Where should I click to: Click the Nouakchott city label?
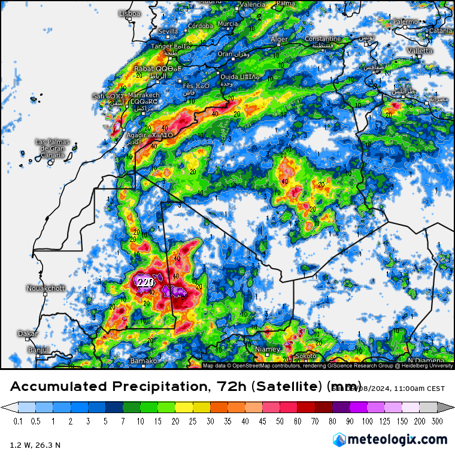pyautogui.click(x=45, y=288)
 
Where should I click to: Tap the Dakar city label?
pyautogui.click(x=28, y=333)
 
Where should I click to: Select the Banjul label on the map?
pyautogui.click(x=38, y=349)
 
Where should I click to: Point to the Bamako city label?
pyautogui.click(x=144, y=361)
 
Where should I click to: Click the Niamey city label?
pyautogui.click(x=268, y=349)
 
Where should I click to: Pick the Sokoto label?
pyautogui.click(x=306, y=356)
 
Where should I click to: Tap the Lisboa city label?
pyautogui.click(x=130, y=13)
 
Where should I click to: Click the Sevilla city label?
pyautogui.click(x=168, y=31)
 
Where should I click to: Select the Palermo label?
pyautogui.click(x=405, y=22)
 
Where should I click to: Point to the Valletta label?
pyautogui.click(x=420, y=51)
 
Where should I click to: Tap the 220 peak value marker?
pyautogui.click(x=144, y=281)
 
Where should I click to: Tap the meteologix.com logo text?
pyautogui.click(x=396, y=439)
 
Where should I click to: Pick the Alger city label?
pyautogui.click(x=280, y=39)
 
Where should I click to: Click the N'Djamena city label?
pyautogui.click(x=430, y=360)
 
